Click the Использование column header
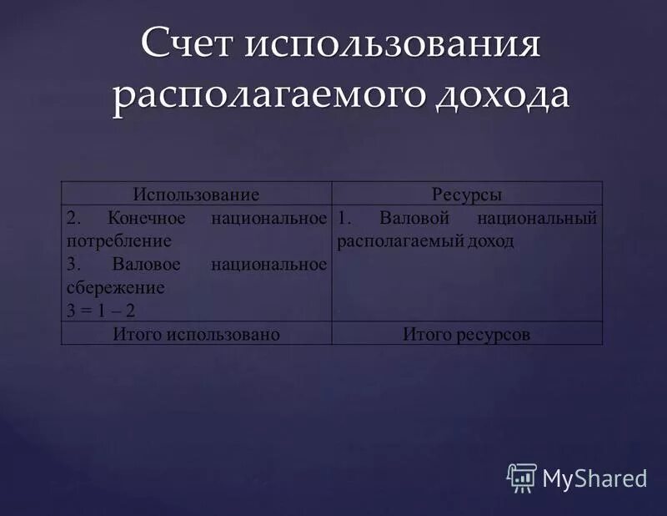(196, 195)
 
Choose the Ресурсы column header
(467, 195)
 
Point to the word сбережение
(115, 287)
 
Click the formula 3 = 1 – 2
(100, 310)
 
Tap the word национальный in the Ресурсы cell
(537, 219)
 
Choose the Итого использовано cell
(196, 334)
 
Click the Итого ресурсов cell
(467, 334)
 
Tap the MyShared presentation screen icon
(521, 477)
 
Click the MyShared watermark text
(594, 478)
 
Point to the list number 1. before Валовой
(345, 219)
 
